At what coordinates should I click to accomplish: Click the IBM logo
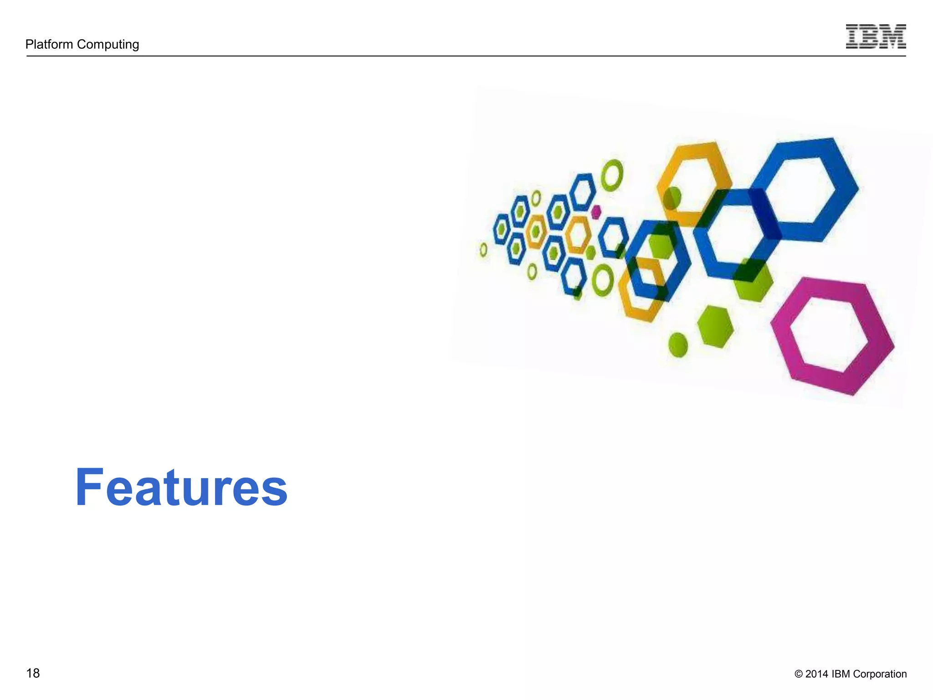pyautogui.click(x=876, y=37)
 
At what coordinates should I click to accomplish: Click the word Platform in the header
pyautogui.click(x=49, y=44)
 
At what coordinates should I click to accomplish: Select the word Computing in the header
pyautogui.click(x=108, y=45)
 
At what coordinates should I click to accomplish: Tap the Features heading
pyautogui.click(x=181, y=488)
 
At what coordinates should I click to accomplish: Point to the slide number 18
pyautogui.click(x=33, y=673)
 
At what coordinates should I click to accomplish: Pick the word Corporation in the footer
pyautogui.click(x=880, y=674)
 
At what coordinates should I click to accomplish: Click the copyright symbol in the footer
pyautogui.click(x=798, y=674)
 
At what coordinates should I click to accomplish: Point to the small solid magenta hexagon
pyautogui.click(x=596, y=212)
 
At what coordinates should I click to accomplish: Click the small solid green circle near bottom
pyautogui.click(x=678, y=345)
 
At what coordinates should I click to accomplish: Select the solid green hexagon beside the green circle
pyautogui.click(x=715, y=327)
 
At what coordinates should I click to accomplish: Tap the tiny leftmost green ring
pyautogui.click(x=484, y=250)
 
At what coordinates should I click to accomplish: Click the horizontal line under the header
pyautogui.click(x=456, y=56)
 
